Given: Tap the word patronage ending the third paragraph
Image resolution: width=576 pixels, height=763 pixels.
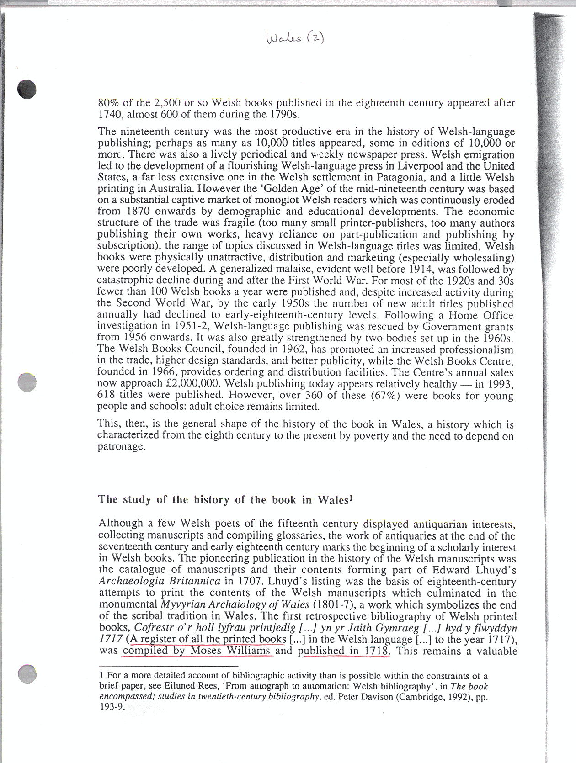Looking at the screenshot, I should tap(121, 446).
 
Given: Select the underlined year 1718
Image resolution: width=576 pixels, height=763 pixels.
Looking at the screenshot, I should tap(378, 651).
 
